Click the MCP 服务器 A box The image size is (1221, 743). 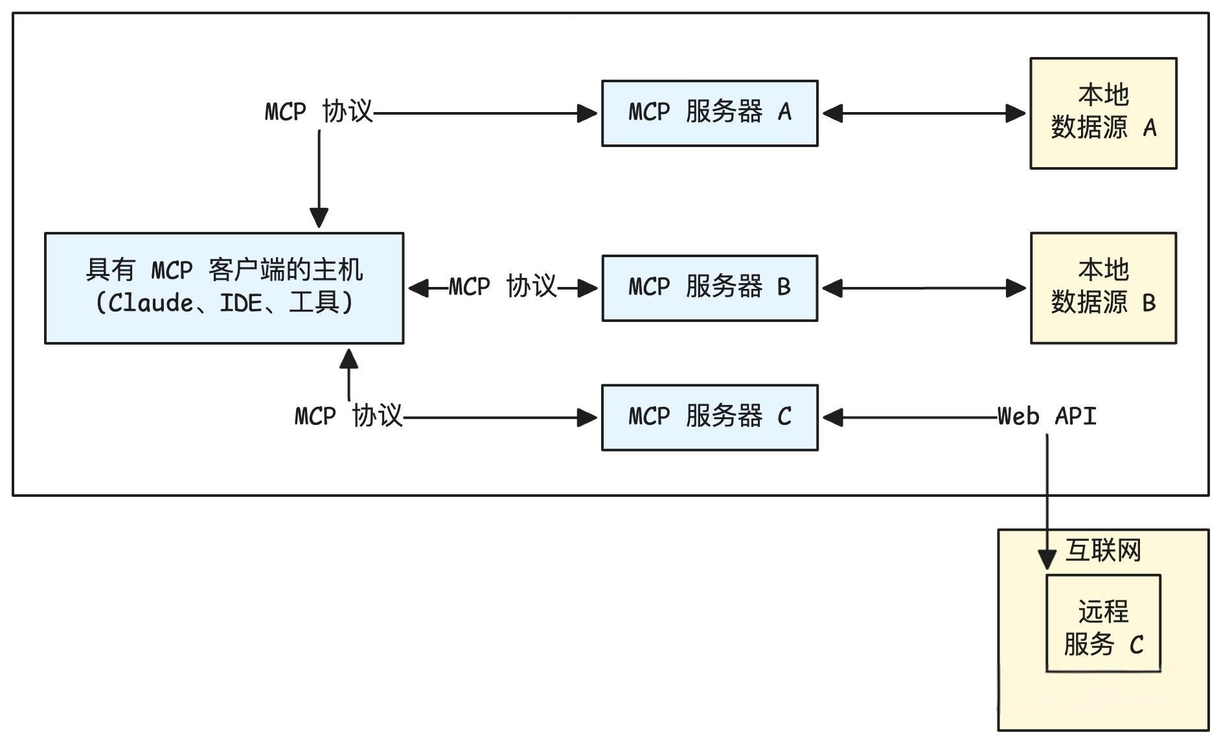(x=709, y=113)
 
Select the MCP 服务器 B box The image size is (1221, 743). (x=709, y=288)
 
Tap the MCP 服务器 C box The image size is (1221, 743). (x=709, y=417)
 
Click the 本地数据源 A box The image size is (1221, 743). (x=1102, y=113)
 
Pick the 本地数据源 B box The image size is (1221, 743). (x=1102, y=288)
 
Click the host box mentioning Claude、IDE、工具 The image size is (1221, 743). (x=223, y=288)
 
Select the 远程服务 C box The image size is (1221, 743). (x=1102, y=623)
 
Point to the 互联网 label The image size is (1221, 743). (x=1102, y=551)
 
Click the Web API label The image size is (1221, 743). (x=1047, y=416)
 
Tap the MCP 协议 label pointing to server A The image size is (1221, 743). (x=319, y=111)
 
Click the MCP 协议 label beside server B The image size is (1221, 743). (x=502, y=286)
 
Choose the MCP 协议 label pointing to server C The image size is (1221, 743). (x=348, y=416)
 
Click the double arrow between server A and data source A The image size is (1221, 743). (x=924, y=113)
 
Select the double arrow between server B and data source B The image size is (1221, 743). (x=924, y=288)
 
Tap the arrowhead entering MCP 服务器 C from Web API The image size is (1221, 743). (x=833, y=417)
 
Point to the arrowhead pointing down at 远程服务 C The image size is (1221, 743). (x=1047, y=559)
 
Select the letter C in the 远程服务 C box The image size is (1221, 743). (x=1136, y=645)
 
